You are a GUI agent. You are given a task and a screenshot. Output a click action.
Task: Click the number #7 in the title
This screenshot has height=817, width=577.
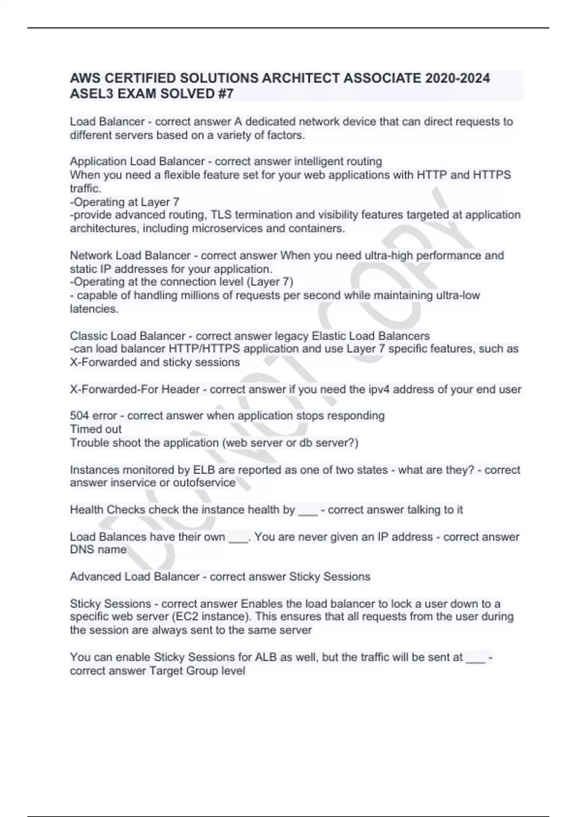(224, 93)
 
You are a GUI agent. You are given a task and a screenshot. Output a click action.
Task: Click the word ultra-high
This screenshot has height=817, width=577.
(388, 255)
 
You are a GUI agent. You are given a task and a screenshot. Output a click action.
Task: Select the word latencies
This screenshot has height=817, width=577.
(94, 309)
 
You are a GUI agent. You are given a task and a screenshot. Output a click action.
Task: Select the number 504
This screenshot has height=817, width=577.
(80, 416)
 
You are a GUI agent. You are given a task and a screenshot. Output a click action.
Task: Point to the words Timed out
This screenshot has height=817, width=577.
(96, 429)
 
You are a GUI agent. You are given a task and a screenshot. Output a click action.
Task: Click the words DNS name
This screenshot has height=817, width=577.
(99, 549)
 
